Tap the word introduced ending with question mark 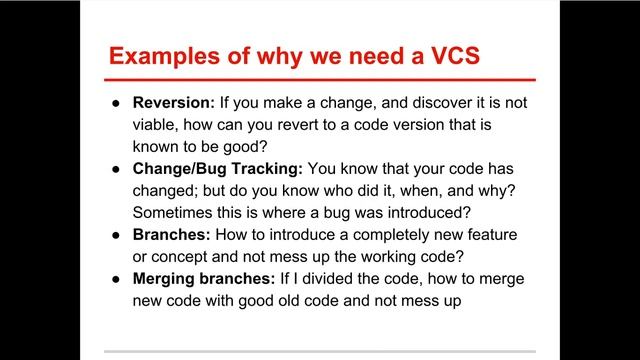(432, 214)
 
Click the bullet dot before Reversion (116, 104)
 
